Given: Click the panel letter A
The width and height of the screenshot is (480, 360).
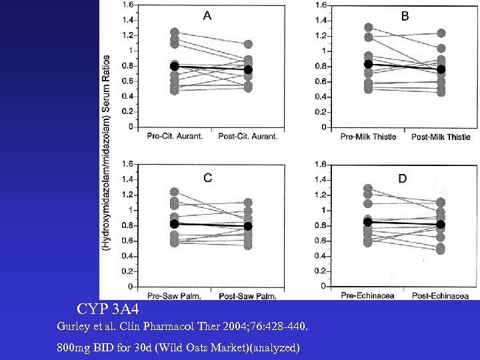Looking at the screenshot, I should [207, 17].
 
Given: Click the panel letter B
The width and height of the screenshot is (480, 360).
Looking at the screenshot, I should [405, 17].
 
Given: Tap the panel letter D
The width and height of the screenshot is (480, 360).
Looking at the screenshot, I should [403, 178].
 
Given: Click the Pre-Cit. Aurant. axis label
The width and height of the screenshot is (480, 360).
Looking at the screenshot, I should [174, 137].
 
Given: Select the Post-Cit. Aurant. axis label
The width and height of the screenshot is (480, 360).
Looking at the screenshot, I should [247, 137].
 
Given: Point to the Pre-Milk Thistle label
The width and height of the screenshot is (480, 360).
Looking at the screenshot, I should [368, 137].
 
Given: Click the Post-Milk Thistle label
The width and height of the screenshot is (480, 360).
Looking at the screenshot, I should [441, 137].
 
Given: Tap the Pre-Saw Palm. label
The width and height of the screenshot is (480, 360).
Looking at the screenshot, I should [174, 295].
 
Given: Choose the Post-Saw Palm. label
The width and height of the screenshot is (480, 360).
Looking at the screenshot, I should [248, 295].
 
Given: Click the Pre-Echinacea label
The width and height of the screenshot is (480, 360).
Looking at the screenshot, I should [368, 295].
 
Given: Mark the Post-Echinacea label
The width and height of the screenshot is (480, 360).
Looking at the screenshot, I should [440, 295].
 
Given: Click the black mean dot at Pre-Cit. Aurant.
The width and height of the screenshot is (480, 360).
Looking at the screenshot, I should [175, 66].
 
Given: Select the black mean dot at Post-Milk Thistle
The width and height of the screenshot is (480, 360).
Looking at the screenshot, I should [441, 69].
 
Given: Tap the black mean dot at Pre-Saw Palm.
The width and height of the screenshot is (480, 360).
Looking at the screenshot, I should [175, 224].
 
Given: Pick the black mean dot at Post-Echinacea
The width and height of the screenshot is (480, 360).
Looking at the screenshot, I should [441, 225].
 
